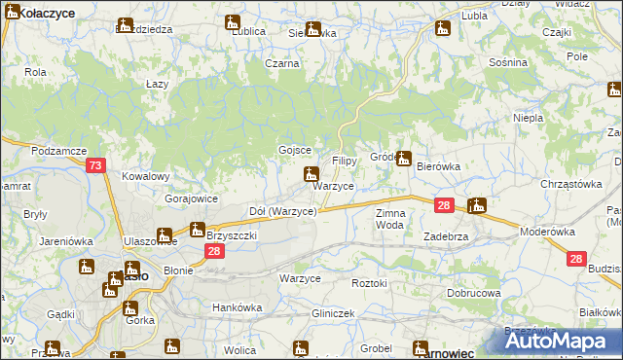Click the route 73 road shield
click(94, 166)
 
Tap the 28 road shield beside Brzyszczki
click(215, 251)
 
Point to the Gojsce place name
click(295, 150)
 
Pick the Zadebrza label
click(447, 236)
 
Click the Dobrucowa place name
click(474, 292)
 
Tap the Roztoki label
click(370, 283)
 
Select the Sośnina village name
click(509, 62)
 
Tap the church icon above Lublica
click(232, 21)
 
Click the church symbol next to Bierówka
click(403, 159)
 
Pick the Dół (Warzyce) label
click(283, 211)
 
